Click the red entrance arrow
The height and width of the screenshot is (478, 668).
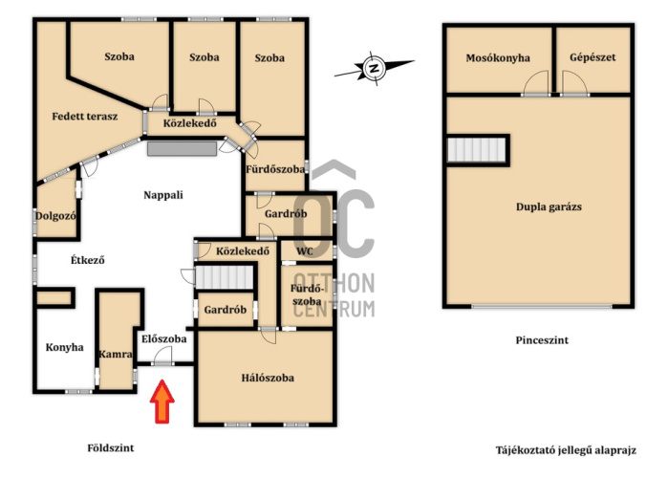coord(162,402)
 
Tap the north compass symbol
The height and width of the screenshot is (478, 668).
coord(375,68)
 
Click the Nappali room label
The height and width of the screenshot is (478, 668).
coord(163,195)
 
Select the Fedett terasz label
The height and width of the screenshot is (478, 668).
coord(85,117)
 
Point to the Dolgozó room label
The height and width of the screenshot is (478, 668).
coord(55,216)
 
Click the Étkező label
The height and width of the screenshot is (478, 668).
coord(88,260)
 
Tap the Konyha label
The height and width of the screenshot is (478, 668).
coord(64,348)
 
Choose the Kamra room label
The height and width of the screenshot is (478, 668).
coord(116,354)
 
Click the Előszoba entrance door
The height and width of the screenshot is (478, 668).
coord(162,356)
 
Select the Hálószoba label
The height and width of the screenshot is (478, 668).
coord(268,378)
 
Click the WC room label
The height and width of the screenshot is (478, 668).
coord(305,251)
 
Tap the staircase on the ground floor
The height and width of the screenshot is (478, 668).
coord(224,277)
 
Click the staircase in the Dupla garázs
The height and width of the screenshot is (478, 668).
coord(476,150)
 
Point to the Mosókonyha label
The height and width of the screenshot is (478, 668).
coord(498,58)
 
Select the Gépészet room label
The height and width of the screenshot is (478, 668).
coord(593,57)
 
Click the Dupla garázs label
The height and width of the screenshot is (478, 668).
coord(549,207)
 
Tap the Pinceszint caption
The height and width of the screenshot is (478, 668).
coord(542,340)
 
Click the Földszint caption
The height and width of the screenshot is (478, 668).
coord(111,448)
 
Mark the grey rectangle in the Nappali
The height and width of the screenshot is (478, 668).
coord(182,149)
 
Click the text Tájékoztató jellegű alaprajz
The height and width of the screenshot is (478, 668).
coord(566,450)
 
